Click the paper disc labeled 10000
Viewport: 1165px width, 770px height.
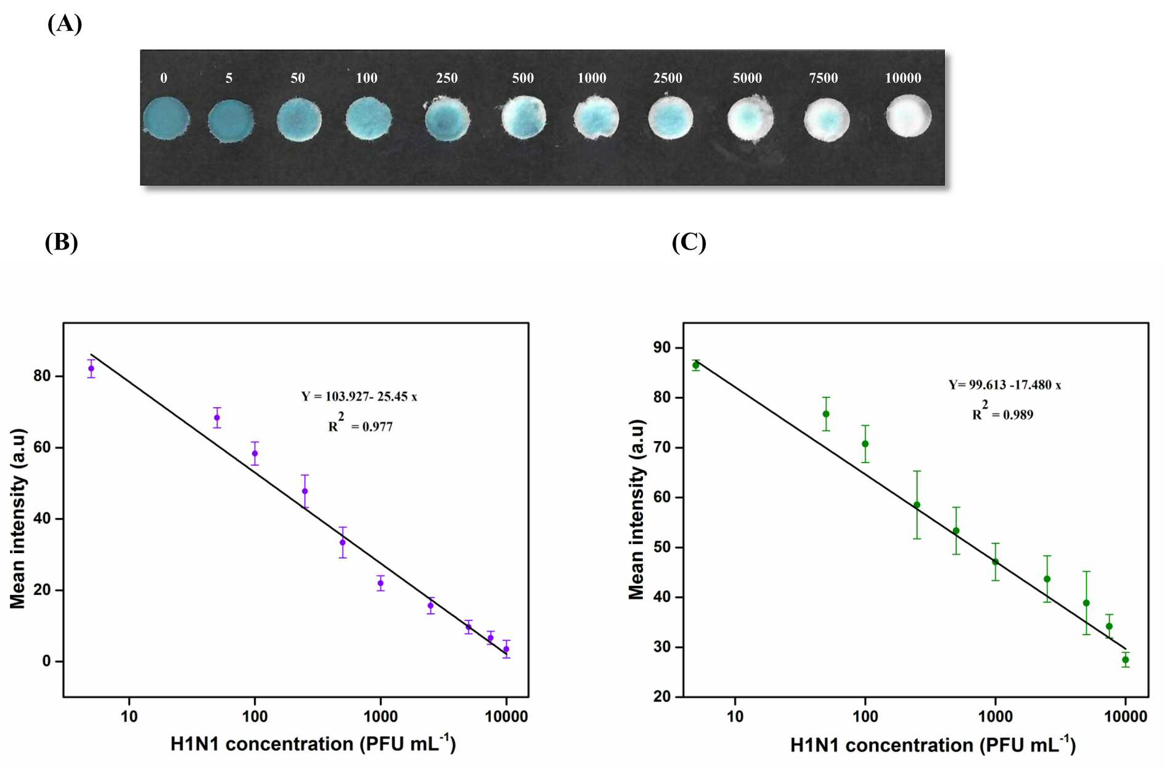pyautogui.click(x=909, y=116)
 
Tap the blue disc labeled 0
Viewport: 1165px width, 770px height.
pyautogui.click(x=166, y=118)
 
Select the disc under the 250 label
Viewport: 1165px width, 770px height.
pyautogui.click(x=447, y=119)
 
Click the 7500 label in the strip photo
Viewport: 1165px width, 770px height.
pyautogui.click(x=824, y=78)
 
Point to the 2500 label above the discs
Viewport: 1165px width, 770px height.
pyautogui.click(x=668, y=78)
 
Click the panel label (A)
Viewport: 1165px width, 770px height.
pyautogui.click(x=64, y=23)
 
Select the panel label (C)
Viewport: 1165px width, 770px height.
pyautogui.click(x=689, y=242)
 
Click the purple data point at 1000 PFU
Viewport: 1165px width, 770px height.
pyautogui.click(x=380, y=583)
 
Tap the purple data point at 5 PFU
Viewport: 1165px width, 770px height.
pyautogui.click(x=91, y=368)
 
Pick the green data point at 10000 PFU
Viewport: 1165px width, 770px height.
pyautogui.click(x=1126, y=660)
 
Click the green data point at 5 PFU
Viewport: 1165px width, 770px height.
pyautogui.click(x=696, y=365)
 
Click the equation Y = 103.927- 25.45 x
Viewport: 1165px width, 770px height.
pyautogui.click(x=359, y=397)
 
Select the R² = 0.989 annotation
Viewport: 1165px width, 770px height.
pyautogui.click(x=1003, y=411)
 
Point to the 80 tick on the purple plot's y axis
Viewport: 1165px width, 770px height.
pyautogui.click(x=42, y=376)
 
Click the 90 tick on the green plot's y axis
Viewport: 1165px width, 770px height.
pyautogui.click(x=662, y=347)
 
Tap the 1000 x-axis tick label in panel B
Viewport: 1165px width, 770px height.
pyautogui.click(x=380, y=716)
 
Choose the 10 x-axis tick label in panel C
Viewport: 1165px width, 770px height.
pyautogui.click(x=735, y=716)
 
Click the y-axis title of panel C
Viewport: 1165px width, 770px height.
pyautogui.click(x=636, y=509)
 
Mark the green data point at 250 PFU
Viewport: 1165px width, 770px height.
pyautogui.click(x=917, y=505)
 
